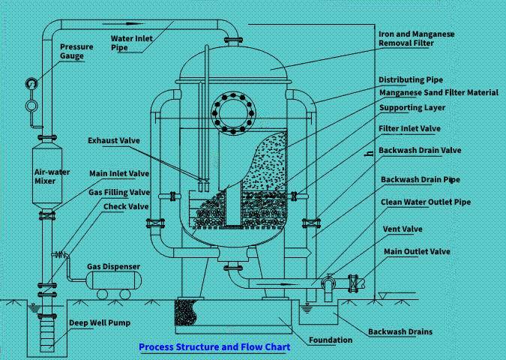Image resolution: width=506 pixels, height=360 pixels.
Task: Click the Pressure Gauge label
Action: coord(76,51)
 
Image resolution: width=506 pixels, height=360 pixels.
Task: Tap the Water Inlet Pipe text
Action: coord(132,43)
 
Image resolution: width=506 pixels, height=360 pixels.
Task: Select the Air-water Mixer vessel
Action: coord(47,175)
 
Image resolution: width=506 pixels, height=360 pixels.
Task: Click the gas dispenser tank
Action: coord(114,280)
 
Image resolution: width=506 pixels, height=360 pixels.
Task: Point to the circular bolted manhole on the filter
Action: coord(233,113)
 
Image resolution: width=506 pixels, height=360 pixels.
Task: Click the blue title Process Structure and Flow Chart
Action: coord(214,347)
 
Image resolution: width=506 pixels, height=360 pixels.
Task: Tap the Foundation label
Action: coord(331,340)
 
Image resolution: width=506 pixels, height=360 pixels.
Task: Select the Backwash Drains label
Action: coord(400,331)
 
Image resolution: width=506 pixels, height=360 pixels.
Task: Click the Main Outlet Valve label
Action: coord(417,251)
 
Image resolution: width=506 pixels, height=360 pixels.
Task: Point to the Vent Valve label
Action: coord(403,229)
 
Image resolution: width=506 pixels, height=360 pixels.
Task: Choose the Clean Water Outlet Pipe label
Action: coord(426,202)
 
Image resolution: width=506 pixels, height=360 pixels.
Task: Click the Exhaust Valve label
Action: coord(114,140)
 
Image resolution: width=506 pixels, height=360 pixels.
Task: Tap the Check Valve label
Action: coord(126,207)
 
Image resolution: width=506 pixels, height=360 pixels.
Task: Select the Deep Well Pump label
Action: coord(100,322)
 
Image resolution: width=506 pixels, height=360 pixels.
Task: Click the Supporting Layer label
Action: coord(412,107)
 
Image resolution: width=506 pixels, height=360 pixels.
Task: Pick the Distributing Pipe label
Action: coord(411,79)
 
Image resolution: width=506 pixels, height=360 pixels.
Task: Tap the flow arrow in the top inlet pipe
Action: coord(123,23)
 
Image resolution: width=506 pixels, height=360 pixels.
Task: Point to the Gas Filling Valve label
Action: coord(119,193)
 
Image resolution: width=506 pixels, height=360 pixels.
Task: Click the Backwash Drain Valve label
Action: coord(420,150)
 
